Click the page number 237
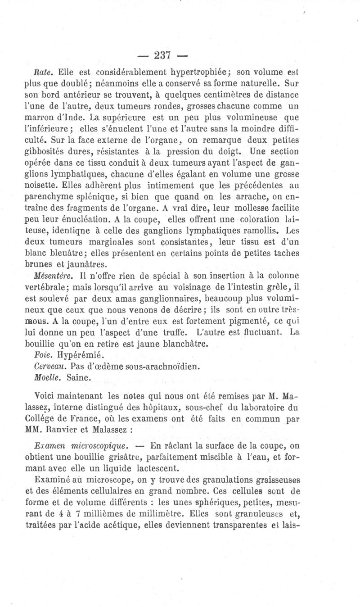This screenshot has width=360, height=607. tap(161, 55)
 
